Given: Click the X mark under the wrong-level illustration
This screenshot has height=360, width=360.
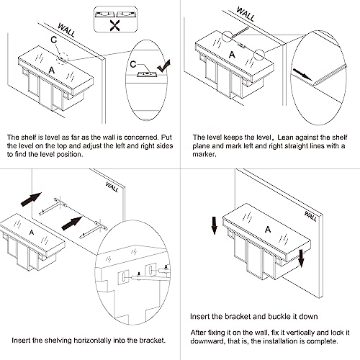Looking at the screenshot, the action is pos(115,26).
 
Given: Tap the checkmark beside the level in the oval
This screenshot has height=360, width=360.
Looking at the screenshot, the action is pos(163,66).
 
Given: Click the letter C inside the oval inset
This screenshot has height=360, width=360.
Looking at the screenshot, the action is pos(133,64).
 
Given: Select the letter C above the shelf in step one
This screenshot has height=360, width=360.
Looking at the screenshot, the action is pos(54,40).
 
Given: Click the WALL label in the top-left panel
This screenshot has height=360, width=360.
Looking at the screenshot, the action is pos(67,30).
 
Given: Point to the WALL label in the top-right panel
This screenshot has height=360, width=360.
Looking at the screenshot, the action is pos(246,14).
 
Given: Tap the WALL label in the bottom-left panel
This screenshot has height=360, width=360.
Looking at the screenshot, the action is pos(112,187).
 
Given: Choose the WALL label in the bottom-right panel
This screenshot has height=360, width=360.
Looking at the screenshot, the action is pos(310,216).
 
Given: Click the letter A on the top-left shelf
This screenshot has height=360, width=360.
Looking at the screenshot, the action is pos(52,71).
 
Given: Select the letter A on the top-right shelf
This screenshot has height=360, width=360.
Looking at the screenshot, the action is pos(232,55).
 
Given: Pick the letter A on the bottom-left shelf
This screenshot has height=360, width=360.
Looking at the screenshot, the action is pos(32,233).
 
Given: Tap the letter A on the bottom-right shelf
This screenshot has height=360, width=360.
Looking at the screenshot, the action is pos(268,230).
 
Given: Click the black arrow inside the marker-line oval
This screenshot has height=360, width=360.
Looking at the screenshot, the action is pos(302,74).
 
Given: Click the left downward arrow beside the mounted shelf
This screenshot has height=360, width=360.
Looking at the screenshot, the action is pos(214,225).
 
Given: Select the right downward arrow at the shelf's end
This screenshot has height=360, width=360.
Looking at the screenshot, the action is pos(301,258).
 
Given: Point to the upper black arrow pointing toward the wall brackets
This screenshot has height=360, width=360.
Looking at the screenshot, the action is pos(31,199).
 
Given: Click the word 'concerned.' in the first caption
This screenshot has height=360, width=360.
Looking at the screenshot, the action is pos(141,138).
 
